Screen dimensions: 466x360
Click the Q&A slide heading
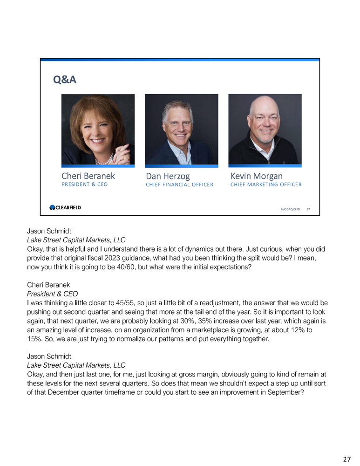tap(64, 80)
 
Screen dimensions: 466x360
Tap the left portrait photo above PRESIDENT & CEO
tap(98, 129)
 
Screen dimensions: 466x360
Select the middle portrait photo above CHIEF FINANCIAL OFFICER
tap(181, 129)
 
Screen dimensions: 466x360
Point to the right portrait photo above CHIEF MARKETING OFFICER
tap(265, 129)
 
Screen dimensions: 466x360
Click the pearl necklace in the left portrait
tap(103, 160)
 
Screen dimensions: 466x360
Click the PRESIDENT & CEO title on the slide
tap(84, 184)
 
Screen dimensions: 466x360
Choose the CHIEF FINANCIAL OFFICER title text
tap(179, 185)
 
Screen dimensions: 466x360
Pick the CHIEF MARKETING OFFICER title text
tap(266, 184)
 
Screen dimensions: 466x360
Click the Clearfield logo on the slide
tap(65, 207)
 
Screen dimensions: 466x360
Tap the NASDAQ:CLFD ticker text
tap(290, 210)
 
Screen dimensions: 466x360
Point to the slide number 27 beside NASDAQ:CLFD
tap(308, 210)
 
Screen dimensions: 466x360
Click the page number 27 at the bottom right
tap(347, 459)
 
